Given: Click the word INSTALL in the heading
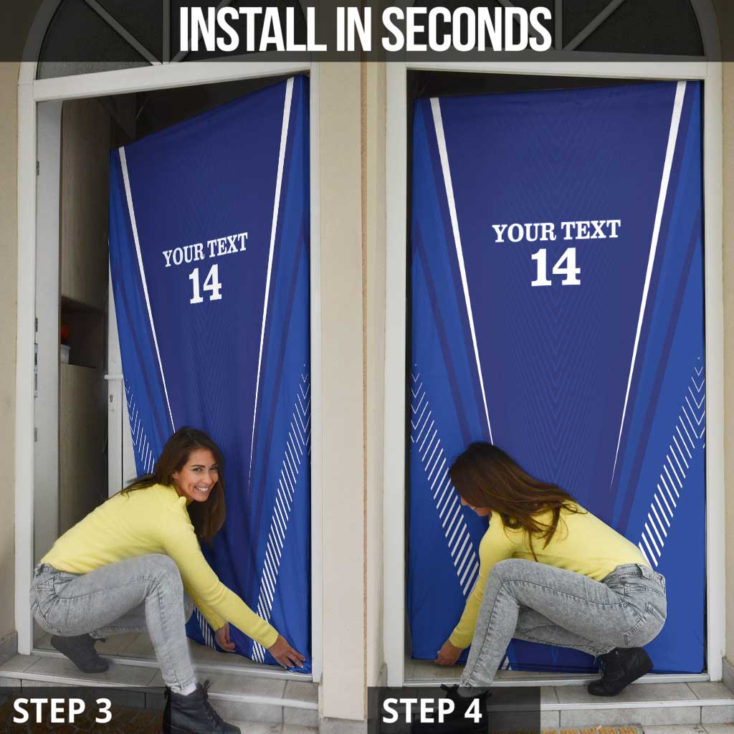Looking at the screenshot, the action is point(253,29).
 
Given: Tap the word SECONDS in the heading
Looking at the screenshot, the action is point(467,29).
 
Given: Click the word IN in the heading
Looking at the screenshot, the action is point(354,29).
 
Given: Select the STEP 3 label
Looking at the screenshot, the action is point(62,710).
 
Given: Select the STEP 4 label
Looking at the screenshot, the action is point(432,710).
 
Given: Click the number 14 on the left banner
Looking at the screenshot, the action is point(205,284).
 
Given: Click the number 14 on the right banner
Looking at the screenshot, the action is point(556,267).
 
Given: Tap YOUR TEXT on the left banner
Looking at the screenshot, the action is point(205,249).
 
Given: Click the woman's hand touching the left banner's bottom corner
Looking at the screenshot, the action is point(286,652).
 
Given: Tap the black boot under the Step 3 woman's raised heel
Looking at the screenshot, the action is point(80,652).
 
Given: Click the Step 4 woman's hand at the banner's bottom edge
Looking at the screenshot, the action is point(449,652).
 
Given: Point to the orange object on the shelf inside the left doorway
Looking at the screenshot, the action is point(65,334).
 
